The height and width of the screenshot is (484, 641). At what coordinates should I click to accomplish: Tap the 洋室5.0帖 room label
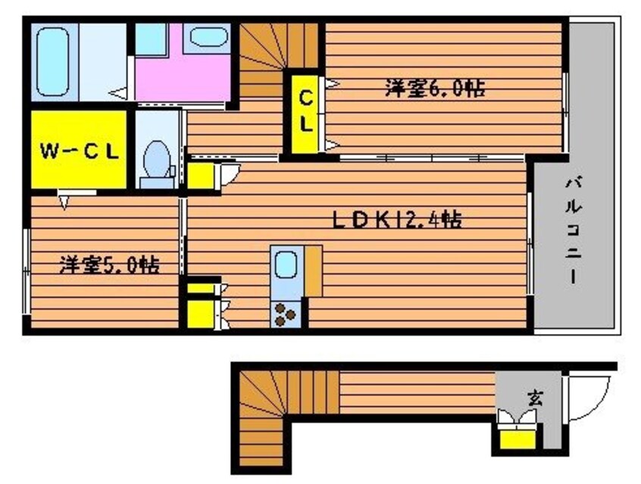tap(109, 266)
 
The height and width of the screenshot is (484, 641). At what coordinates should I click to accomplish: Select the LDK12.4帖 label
tap(396, 220)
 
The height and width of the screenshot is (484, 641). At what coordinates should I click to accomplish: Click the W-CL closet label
tap(79, 151)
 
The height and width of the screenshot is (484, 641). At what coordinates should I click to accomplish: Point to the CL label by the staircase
tap(305, 111)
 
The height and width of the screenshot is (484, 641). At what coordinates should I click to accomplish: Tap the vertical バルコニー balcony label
tap(574, 230)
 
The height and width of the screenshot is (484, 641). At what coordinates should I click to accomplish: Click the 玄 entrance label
tap(535, 397)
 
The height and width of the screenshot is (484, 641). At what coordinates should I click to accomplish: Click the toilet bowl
tap(157, 158)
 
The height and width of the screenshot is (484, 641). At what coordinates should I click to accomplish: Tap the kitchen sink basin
tap(286, 266)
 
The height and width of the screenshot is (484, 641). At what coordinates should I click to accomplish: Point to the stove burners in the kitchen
tap(286, 314)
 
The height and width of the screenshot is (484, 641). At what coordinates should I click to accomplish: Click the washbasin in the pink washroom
tap(208, 37)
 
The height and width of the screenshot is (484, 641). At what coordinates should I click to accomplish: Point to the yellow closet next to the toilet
tap(202, 176)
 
